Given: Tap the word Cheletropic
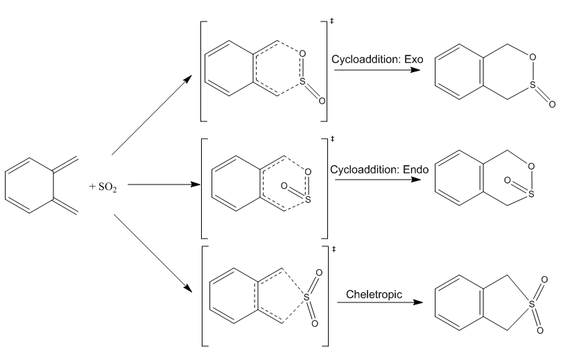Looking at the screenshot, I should (374, 295).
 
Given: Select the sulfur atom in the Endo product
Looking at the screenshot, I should (530, 194).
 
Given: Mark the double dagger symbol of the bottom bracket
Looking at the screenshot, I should (333, 248).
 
